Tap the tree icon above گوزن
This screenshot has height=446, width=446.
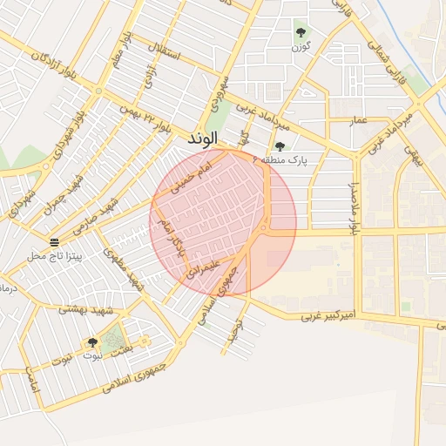pyautogui.click(x=301, y=33)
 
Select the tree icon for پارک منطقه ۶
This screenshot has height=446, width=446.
pyautogui.click(x=279, y=146)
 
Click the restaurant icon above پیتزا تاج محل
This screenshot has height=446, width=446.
pyautogui.click(x=55, y=241)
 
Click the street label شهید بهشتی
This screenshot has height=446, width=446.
pyautogui.click(x=82, y=310)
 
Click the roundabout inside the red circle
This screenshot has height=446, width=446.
pyautogui.click(x=263, y=227)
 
